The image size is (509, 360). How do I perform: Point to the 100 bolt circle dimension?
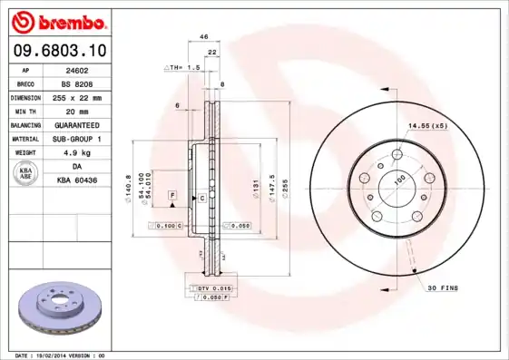click(x=398, y=180)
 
